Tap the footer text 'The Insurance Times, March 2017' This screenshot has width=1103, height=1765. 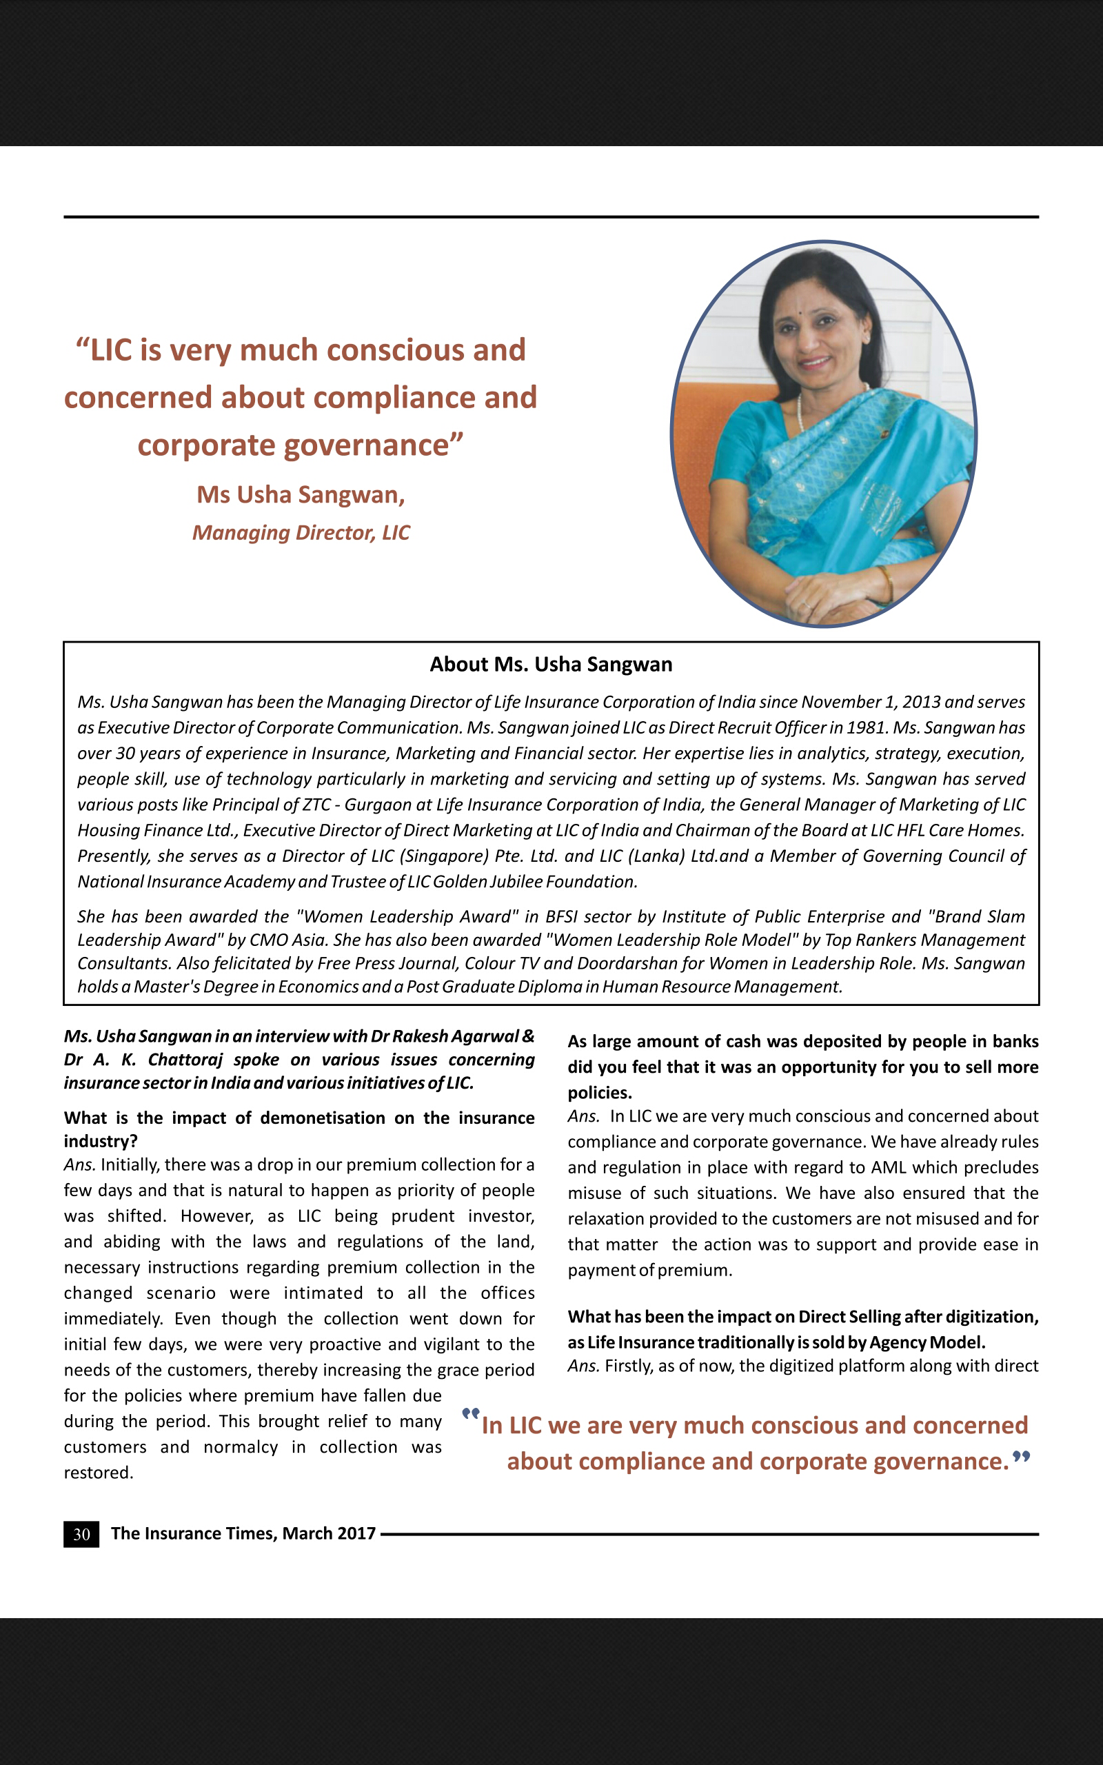pyautogui.click(x=243, y=1534)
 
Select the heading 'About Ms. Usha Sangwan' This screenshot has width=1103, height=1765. pyautogui.click(x=551, y=665)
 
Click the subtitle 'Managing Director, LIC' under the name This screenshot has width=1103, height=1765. pyautogui.click(x=301, y=532)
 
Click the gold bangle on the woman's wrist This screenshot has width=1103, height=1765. pyautogui.click(x=887, y=583)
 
